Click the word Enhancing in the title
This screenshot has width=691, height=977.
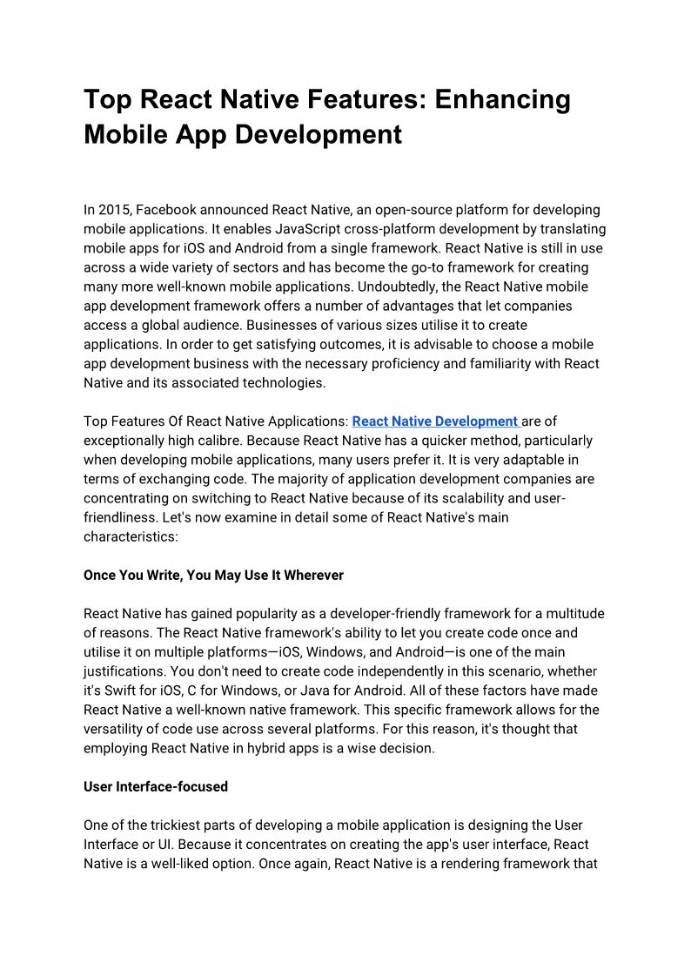click(x=503, y=99)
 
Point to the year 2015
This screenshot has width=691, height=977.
click(x=114, y=210)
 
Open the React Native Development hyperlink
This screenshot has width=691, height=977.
click(x=435, y=421)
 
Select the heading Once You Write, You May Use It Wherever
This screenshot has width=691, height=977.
click(x=213, y=575)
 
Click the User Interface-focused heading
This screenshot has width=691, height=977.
click(x=156, y=786)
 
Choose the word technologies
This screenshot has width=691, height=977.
click(x=284, y=382)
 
